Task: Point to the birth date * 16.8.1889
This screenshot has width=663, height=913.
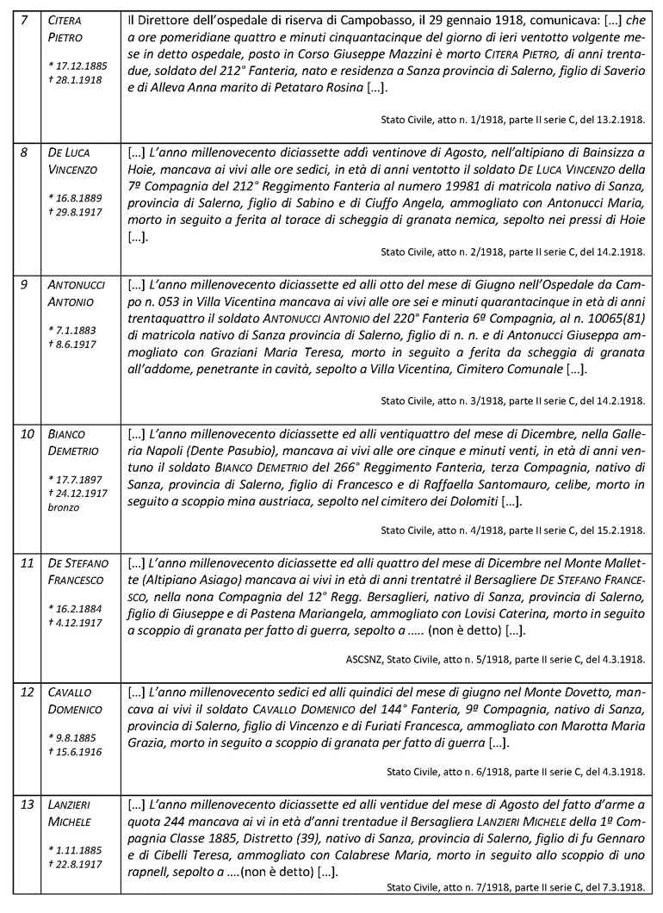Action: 75,198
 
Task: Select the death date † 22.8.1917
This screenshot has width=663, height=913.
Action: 75,864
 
